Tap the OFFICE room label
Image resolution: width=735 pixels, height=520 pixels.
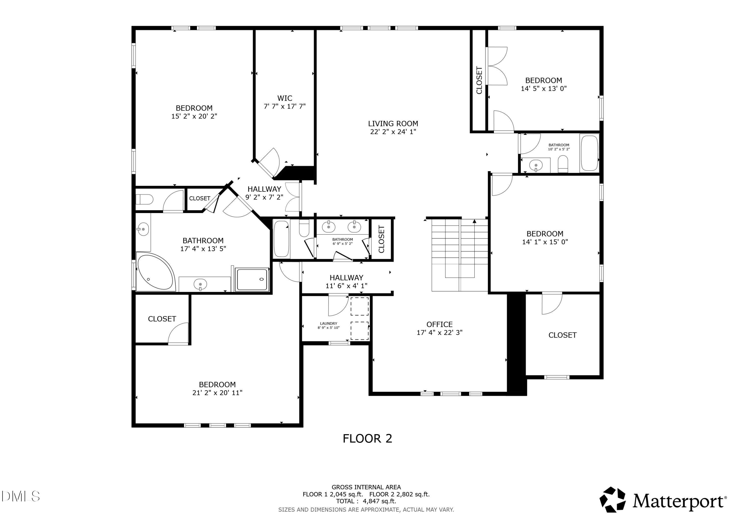(x=439, y=324)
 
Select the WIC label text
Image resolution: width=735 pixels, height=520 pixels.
(x=285, y=98)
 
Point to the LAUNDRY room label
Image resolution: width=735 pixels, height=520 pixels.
(x=329, y=323)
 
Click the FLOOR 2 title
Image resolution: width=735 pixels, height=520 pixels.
(x=367, y=438)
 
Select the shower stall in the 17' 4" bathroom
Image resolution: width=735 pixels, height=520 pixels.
(x=252, y=279)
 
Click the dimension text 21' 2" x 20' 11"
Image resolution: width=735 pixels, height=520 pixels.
(x=217, y=393)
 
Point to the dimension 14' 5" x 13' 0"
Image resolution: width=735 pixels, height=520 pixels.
(x=544, y=89)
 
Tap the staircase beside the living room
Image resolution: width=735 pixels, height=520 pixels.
(x=459, y=255)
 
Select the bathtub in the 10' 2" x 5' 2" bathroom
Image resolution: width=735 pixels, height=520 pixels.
(x=589, y=153)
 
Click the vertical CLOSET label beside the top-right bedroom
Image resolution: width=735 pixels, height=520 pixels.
(x=479, y=80)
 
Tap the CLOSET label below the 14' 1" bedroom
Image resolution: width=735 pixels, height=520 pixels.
(x=563, y=335)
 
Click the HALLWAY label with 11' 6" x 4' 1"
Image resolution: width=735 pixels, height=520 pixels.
(x=346, y=278)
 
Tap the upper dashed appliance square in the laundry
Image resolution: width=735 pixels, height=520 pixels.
(x=359, y=306)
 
